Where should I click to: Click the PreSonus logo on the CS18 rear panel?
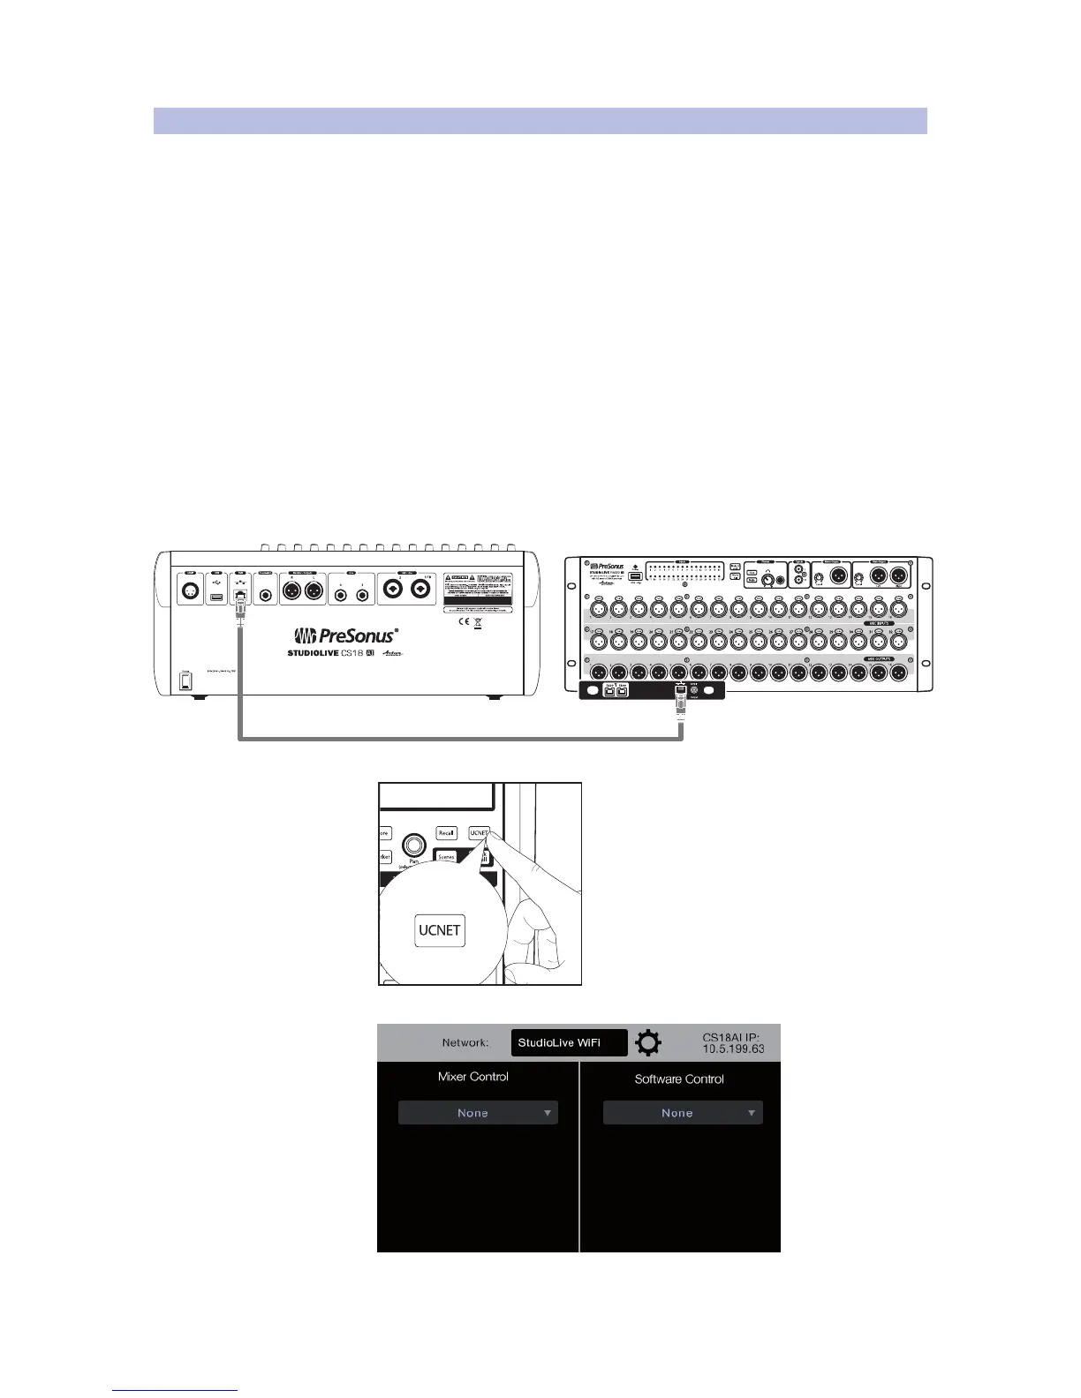coord(345,636)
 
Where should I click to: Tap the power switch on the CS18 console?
coord(185,682)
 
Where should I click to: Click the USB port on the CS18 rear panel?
coord(217,598)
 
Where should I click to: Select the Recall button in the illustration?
coord(446,832)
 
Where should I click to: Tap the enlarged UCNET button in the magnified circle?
coord(439,930)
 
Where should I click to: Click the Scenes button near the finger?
coord(447,856)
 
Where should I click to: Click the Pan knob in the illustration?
coord(412,846)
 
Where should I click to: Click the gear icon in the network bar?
coord(648,1043)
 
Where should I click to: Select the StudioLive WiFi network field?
coord(569,1042)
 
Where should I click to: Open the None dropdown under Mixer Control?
coord(478,1113)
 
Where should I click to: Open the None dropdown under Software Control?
coord(682,1113)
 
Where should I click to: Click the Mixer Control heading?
coord(473,1077)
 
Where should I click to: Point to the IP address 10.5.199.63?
coord(733,1049)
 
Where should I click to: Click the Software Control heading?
coord(679,1079)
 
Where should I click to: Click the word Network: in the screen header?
coord(465,1042)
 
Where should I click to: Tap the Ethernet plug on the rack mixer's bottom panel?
coord(680,703)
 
